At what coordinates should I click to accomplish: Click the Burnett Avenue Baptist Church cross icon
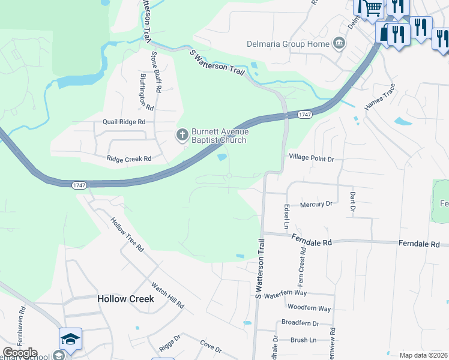[x=181, y=136]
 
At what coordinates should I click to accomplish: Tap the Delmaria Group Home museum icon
[x=339, y=43]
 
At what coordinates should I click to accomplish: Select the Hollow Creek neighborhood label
[x=125, y=298]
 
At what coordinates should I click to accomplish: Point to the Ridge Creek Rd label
[x=128, y=159]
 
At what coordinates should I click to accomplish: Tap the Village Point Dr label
[x=311, y=158]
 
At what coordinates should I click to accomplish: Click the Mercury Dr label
[x=316, y=204]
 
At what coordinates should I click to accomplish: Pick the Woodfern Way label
[x=309, y=308]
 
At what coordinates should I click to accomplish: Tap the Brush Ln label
[x=303, y=340]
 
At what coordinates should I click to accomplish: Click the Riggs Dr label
[x=169, y=347]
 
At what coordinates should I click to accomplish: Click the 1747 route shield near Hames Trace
[x=305, y=114]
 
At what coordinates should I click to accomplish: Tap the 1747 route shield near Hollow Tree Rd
[x=80, y=185]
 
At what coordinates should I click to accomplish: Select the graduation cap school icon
[x=70, y=338]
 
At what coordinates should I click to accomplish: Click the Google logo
[x=20, y=353]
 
